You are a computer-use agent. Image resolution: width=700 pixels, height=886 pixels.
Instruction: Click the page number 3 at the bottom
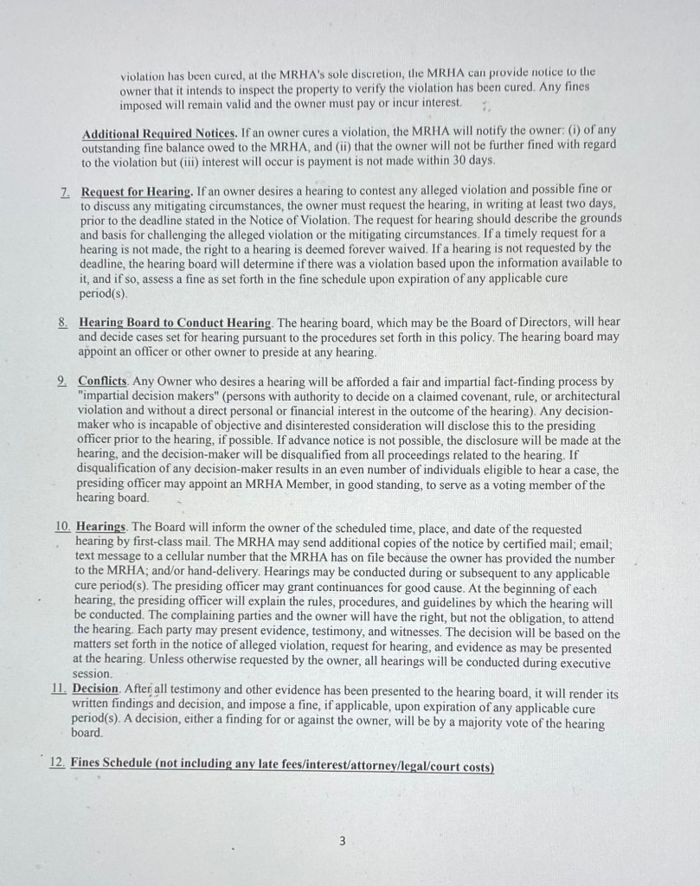pos(343,839)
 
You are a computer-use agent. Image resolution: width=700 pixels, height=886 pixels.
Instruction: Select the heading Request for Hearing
pos(136,190)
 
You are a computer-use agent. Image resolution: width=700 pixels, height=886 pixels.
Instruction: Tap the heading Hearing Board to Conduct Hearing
pos(175,322)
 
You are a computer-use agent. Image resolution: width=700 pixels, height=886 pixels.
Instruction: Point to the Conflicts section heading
pos(102,381)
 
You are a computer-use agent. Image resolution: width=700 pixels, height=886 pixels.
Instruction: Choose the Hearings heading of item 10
pos(101,527)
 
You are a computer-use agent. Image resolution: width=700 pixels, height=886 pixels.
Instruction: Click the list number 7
pos(65,190)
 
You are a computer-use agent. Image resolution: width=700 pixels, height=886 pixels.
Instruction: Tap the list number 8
pos(64,322)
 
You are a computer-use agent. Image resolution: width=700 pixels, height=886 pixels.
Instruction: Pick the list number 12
pos(57,764)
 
